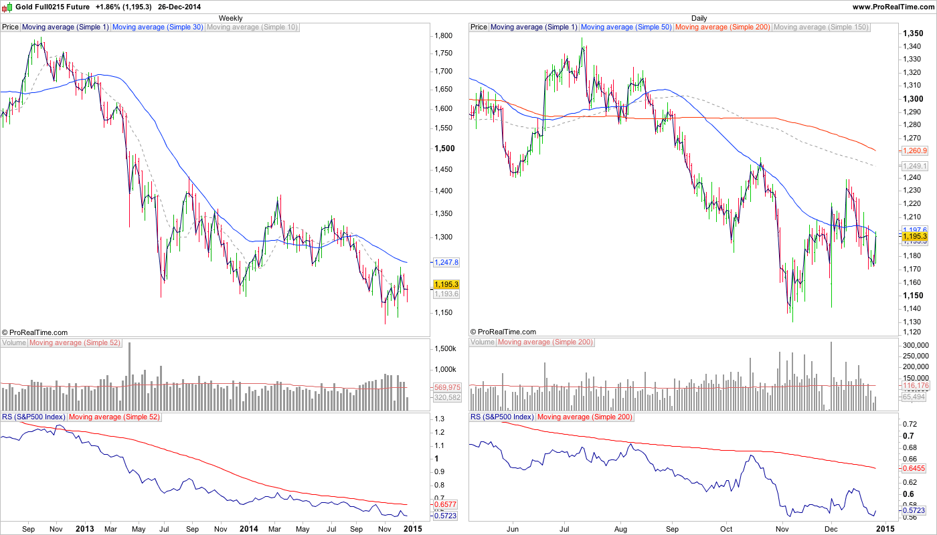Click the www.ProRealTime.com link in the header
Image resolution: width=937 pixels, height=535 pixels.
pos(893,7)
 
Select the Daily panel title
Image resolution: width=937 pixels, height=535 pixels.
pos(699,18)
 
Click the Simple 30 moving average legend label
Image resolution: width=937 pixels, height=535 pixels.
pos(157,27)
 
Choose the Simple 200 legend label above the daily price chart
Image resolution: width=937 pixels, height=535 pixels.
pos(723,27)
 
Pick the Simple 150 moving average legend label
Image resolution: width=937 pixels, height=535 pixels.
pos(821,27)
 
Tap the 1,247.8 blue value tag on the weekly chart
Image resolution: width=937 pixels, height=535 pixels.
pos(446,262)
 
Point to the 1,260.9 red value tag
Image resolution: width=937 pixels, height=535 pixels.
pos(914,150)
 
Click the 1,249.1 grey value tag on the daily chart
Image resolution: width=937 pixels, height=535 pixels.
pos(914,166)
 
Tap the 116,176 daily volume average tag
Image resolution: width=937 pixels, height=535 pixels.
pos(915,387)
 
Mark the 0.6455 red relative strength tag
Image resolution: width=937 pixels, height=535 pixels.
pos(914,468)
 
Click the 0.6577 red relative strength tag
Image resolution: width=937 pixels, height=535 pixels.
pos(446,505)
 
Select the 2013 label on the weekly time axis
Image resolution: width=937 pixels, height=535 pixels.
pos(84,528)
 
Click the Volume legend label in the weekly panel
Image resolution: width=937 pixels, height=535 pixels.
pos(14,342)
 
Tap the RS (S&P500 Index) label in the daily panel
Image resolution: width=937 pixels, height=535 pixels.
pos(502,417)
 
